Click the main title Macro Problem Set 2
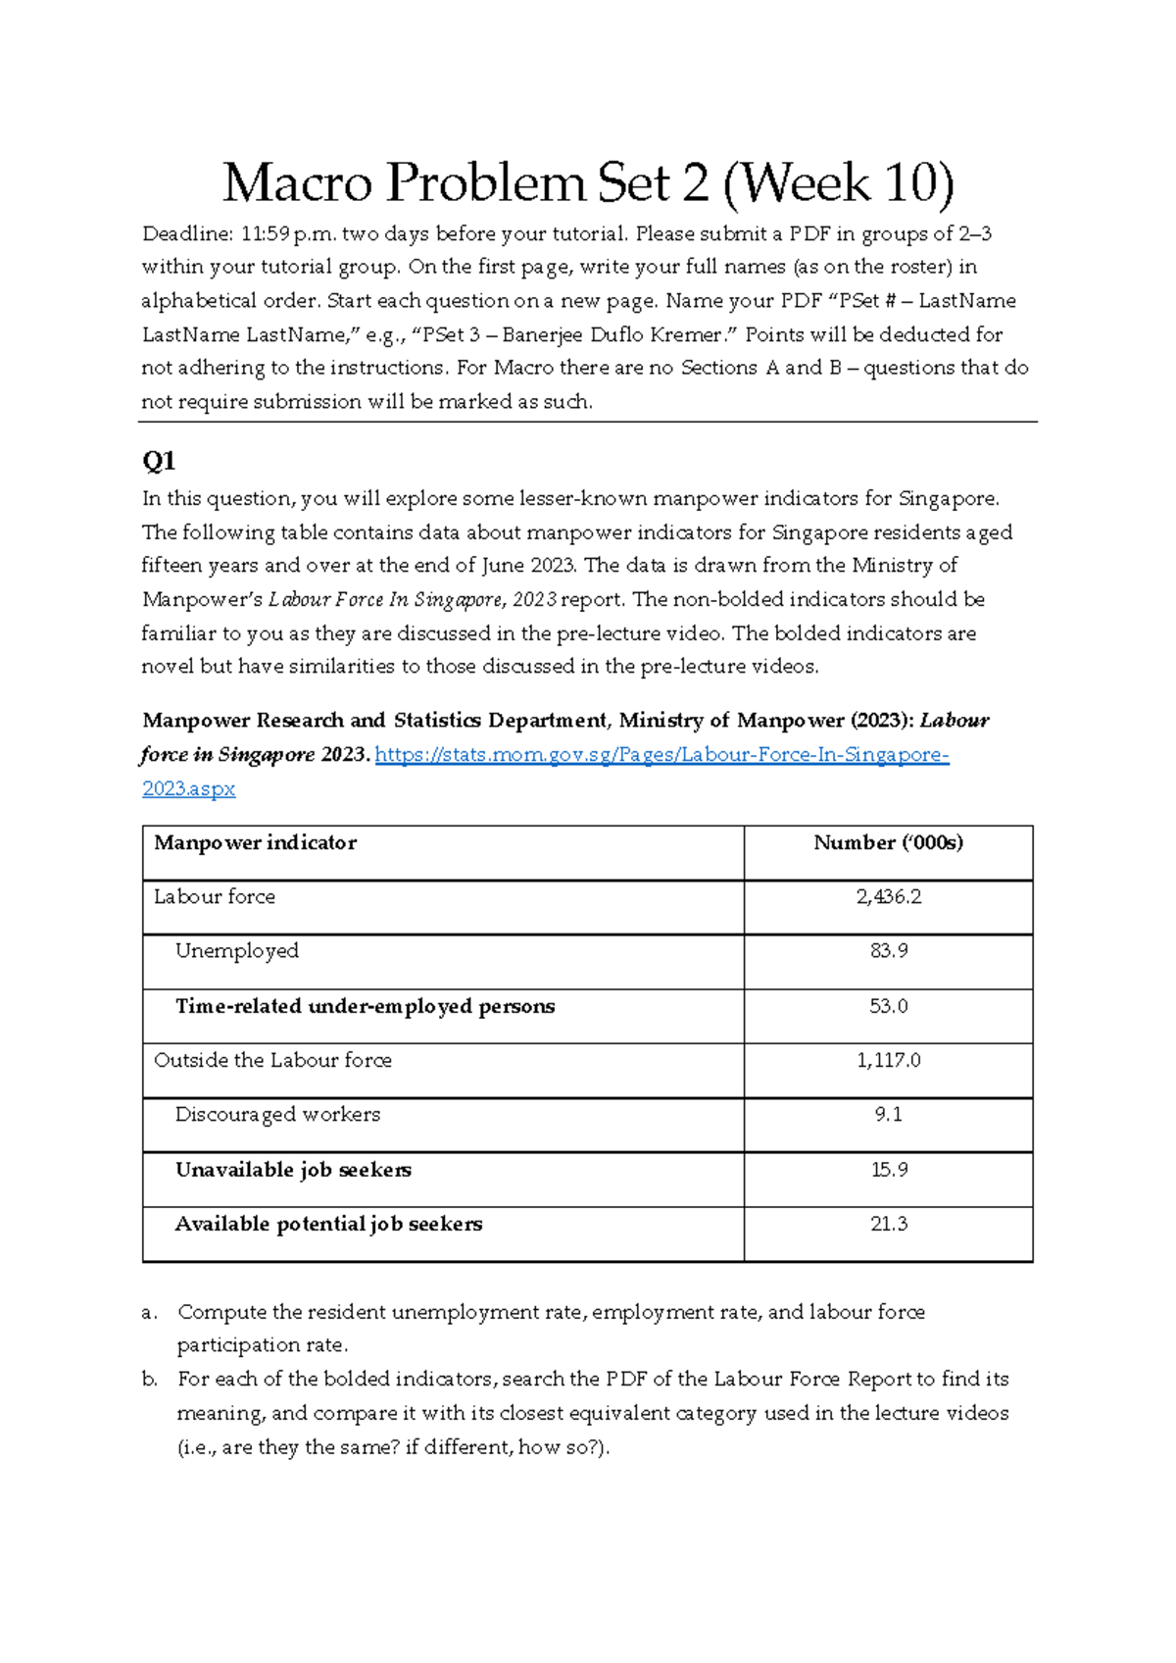[588, 183]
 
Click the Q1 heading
[159, 461]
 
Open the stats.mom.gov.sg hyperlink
[661, 755]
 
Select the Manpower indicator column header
[256, 843]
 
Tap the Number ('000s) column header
[888, 843]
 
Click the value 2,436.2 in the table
[888, 897]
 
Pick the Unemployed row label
[237, 951]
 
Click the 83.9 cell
[888, 951]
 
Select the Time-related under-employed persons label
[365, 1007]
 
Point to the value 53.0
[888, 1007]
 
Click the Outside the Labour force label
[272, 1061]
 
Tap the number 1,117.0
[888, 1061]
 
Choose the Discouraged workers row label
[277, 1115]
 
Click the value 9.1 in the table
[888, 1115]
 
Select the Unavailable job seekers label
[293, 1170]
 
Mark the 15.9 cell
[888, 1170]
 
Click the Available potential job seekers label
[328, 1224]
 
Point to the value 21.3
[888, 1224]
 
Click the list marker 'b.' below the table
[150, 1380]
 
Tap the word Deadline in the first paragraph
[184, 234]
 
